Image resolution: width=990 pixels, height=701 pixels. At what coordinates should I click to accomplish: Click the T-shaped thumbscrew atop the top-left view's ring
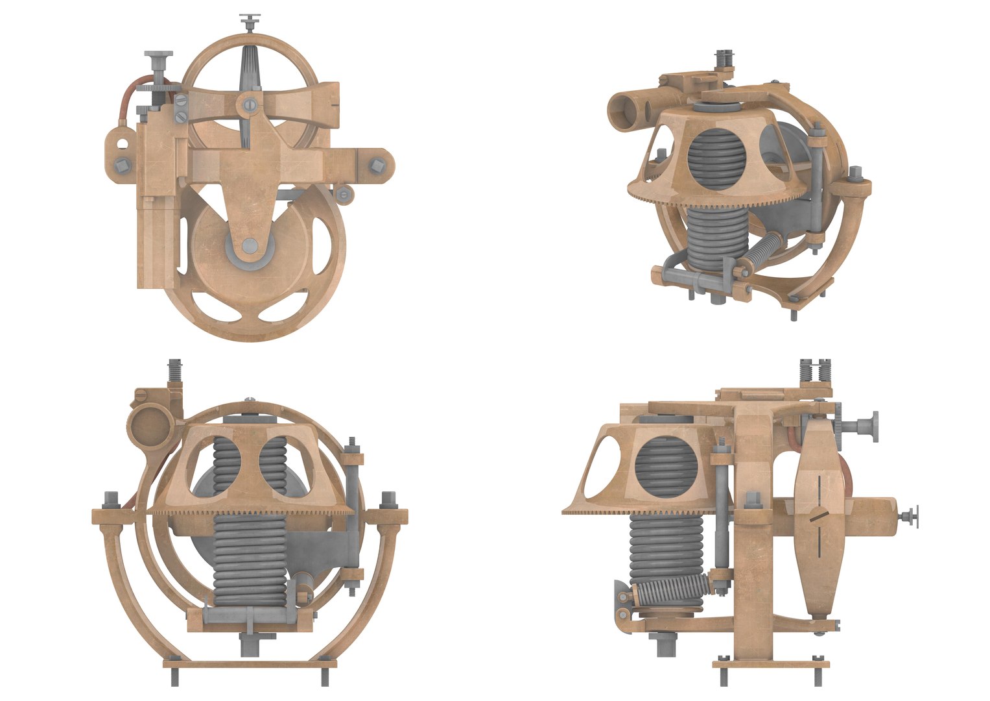(248, 21)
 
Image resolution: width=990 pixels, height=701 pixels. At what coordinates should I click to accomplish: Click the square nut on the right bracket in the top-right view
(856, 173)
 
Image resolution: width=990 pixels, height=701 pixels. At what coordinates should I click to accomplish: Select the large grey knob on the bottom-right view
(865, 426)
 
